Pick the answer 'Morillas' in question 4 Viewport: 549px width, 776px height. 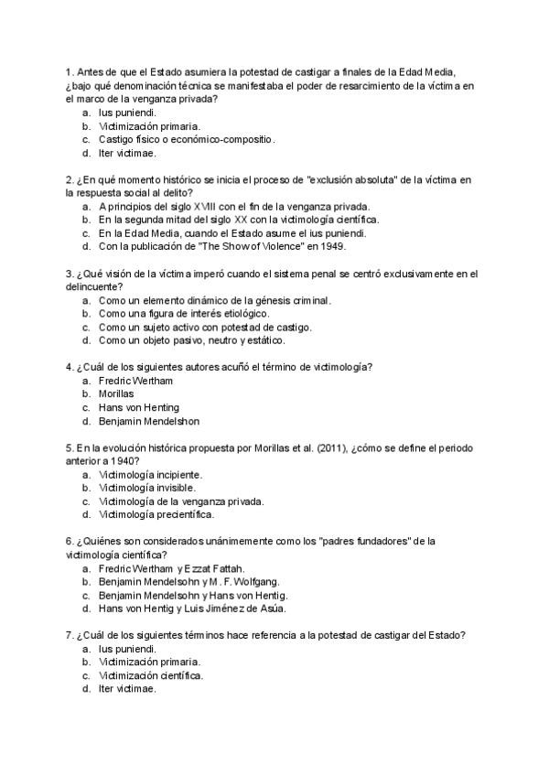click(x=116, y=393)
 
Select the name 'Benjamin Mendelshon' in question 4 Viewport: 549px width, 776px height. click(x=149, y=421)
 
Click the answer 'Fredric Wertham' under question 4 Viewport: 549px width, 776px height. click(x=135, y=380)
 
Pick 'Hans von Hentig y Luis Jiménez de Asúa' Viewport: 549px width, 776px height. click(x=193, y=609)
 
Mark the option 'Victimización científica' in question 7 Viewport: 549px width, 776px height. click(x=151, y=675)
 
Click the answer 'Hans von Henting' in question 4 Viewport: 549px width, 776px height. click(x=139, y=407)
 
